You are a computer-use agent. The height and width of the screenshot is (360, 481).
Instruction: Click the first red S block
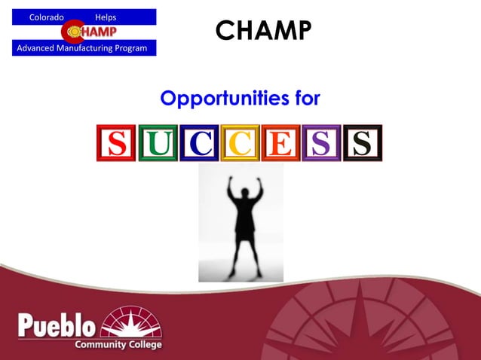[115, 143]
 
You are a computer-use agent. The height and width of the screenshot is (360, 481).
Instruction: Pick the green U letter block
[157, 143]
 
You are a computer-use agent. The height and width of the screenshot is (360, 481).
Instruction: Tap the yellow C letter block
[240, 143]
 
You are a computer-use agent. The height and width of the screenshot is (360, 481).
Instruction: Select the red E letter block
[280, 143]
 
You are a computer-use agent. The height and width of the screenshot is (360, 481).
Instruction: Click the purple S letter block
[321, 143]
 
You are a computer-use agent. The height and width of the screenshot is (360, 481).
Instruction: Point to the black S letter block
[363, 143]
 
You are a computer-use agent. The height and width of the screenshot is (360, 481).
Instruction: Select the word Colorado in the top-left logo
[46, 17]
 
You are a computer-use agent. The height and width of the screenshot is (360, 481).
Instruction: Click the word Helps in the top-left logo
[106, 17]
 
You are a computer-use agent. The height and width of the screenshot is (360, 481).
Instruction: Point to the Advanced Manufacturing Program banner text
[84, 48]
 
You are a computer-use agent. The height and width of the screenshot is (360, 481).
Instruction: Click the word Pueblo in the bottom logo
[57, 326]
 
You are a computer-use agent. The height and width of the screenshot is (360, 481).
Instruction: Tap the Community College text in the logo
[118, 344]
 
